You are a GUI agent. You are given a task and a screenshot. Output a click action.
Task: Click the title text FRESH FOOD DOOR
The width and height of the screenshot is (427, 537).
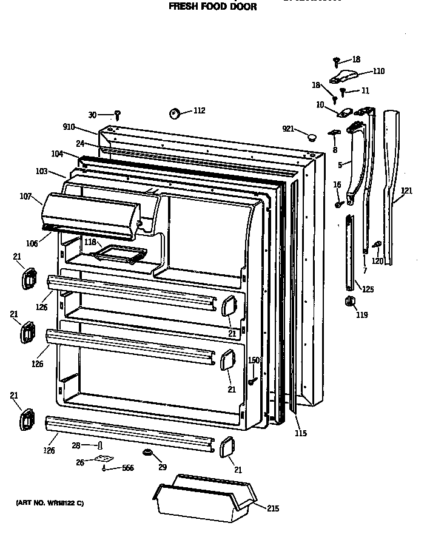pyautogui.click(x=212, y=7)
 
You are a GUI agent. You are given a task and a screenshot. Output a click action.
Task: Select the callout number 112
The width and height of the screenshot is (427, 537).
pyautogui.click(x=199, y=110)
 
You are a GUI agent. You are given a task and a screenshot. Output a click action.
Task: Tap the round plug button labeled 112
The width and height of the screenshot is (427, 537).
pyautogui.click(x=175, y=113)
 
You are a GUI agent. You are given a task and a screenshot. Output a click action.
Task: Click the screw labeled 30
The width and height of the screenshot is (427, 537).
pyautogui.click(x=119, y=114)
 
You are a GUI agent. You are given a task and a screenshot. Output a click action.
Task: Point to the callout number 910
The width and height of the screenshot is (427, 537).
pyautogui.click(x=69, y=127)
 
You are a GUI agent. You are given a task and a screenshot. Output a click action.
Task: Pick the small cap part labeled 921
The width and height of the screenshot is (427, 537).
pyautogui.click(x=312, y=136)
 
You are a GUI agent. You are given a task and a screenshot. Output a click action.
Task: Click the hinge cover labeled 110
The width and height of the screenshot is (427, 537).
pyautogui.click(x=343, y=76)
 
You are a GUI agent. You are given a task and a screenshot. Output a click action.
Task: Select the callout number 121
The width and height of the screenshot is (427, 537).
pyautogui.click(x=406, y=191)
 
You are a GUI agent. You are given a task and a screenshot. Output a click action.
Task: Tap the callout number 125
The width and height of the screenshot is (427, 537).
pyautogui.click(x=368, y=289)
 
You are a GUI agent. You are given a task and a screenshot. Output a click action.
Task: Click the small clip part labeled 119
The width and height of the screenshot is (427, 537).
pyautogui.click(x=349, y=302)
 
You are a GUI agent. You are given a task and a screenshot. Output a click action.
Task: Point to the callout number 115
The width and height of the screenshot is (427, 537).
pyautogui.click(x=301, y=433)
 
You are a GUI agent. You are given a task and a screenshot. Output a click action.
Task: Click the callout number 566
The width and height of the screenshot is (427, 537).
pyautogui.click(x=127, y=468)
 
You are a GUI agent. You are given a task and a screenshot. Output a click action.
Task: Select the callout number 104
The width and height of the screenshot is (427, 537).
pyautogui.click(x=57, y=154)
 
